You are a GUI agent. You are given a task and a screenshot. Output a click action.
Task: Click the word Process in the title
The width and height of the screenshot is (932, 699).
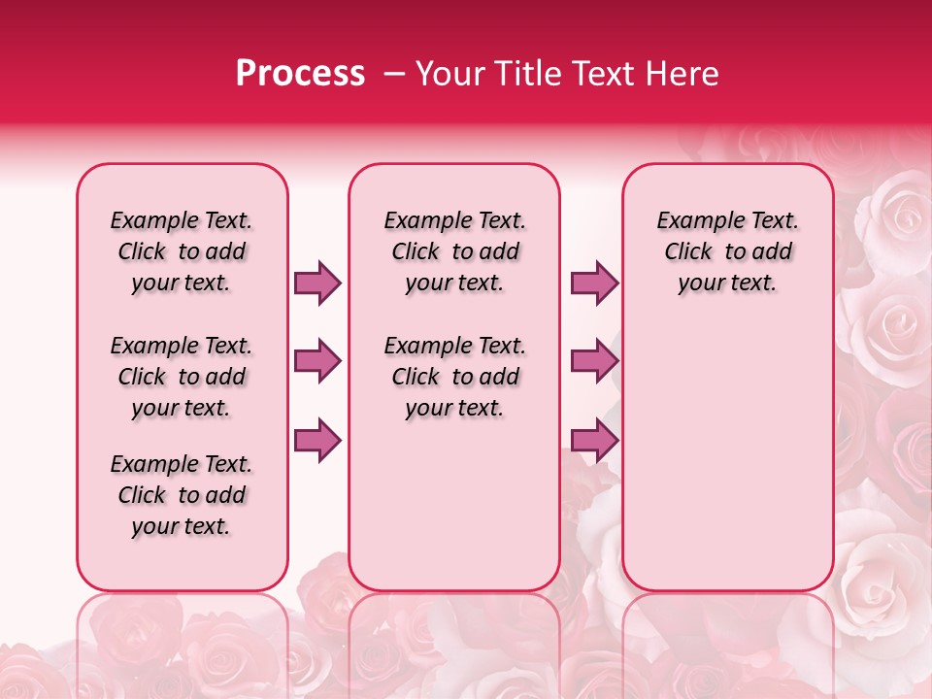tap(300, 74)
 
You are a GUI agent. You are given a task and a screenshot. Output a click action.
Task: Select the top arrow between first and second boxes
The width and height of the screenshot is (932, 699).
tap(317, 283)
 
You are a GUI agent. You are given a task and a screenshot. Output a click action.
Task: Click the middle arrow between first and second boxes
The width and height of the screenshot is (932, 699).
tap(317, 361)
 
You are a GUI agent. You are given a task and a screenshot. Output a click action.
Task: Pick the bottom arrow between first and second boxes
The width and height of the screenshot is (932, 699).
tap(317, 441)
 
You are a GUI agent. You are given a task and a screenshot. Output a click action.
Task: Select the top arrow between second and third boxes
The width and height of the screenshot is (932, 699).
tap(594, 283)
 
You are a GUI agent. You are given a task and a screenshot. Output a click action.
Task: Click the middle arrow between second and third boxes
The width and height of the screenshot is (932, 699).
tap(594, 361)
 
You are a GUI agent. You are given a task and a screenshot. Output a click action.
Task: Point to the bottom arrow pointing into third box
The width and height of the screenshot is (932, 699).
tap(594, 441)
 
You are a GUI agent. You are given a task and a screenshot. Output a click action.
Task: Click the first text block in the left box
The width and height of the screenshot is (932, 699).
tap(182, 251)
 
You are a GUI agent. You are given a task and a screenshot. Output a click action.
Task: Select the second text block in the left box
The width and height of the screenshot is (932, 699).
tap(182, 377)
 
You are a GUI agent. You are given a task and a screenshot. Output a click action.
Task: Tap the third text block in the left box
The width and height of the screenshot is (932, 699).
tap(182, 495)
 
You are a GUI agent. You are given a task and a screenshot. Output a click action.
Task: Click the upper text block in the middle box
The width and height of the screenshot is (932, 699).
tap(455, 251)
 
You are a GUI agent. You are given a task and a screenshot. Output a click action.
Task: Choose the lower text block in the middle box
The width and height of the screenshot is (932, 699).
tap(455, 377)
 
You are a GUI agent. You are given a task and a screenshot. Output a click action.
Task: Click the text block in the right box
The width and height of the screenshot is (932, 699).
tap(728, 251)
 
